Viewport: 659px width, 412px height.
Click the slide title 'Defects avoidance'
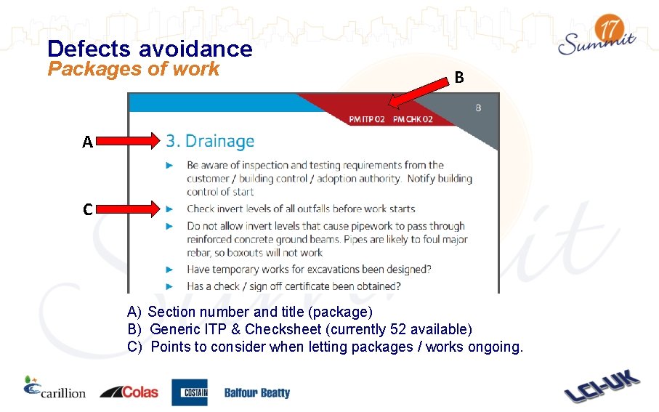(150, 49)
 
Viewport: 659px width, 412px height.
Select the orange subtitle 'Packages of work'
(133, 69)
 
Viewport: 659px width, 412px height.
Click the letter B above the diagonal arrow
(458, 77)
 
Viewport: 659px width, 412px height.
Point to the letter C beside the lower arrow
(86, 210)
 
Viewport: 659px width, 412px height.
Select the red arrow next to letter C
(128, 210)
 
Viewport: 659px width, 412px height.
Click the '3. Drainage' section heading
(210, 141)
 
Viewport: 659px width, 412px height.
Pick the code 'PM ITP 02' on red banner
(367, 119)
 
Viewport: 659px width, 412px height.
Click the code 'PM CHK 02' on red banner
(412, 119)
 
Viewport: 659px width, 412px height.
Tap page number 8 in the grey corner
(478, 108)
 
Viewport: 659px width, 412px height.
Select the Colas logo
(129, 392)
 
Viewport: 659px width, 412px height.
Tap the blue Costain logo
(189, 392)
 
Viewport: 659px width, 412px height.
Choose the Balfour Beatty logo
(256, 393)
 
